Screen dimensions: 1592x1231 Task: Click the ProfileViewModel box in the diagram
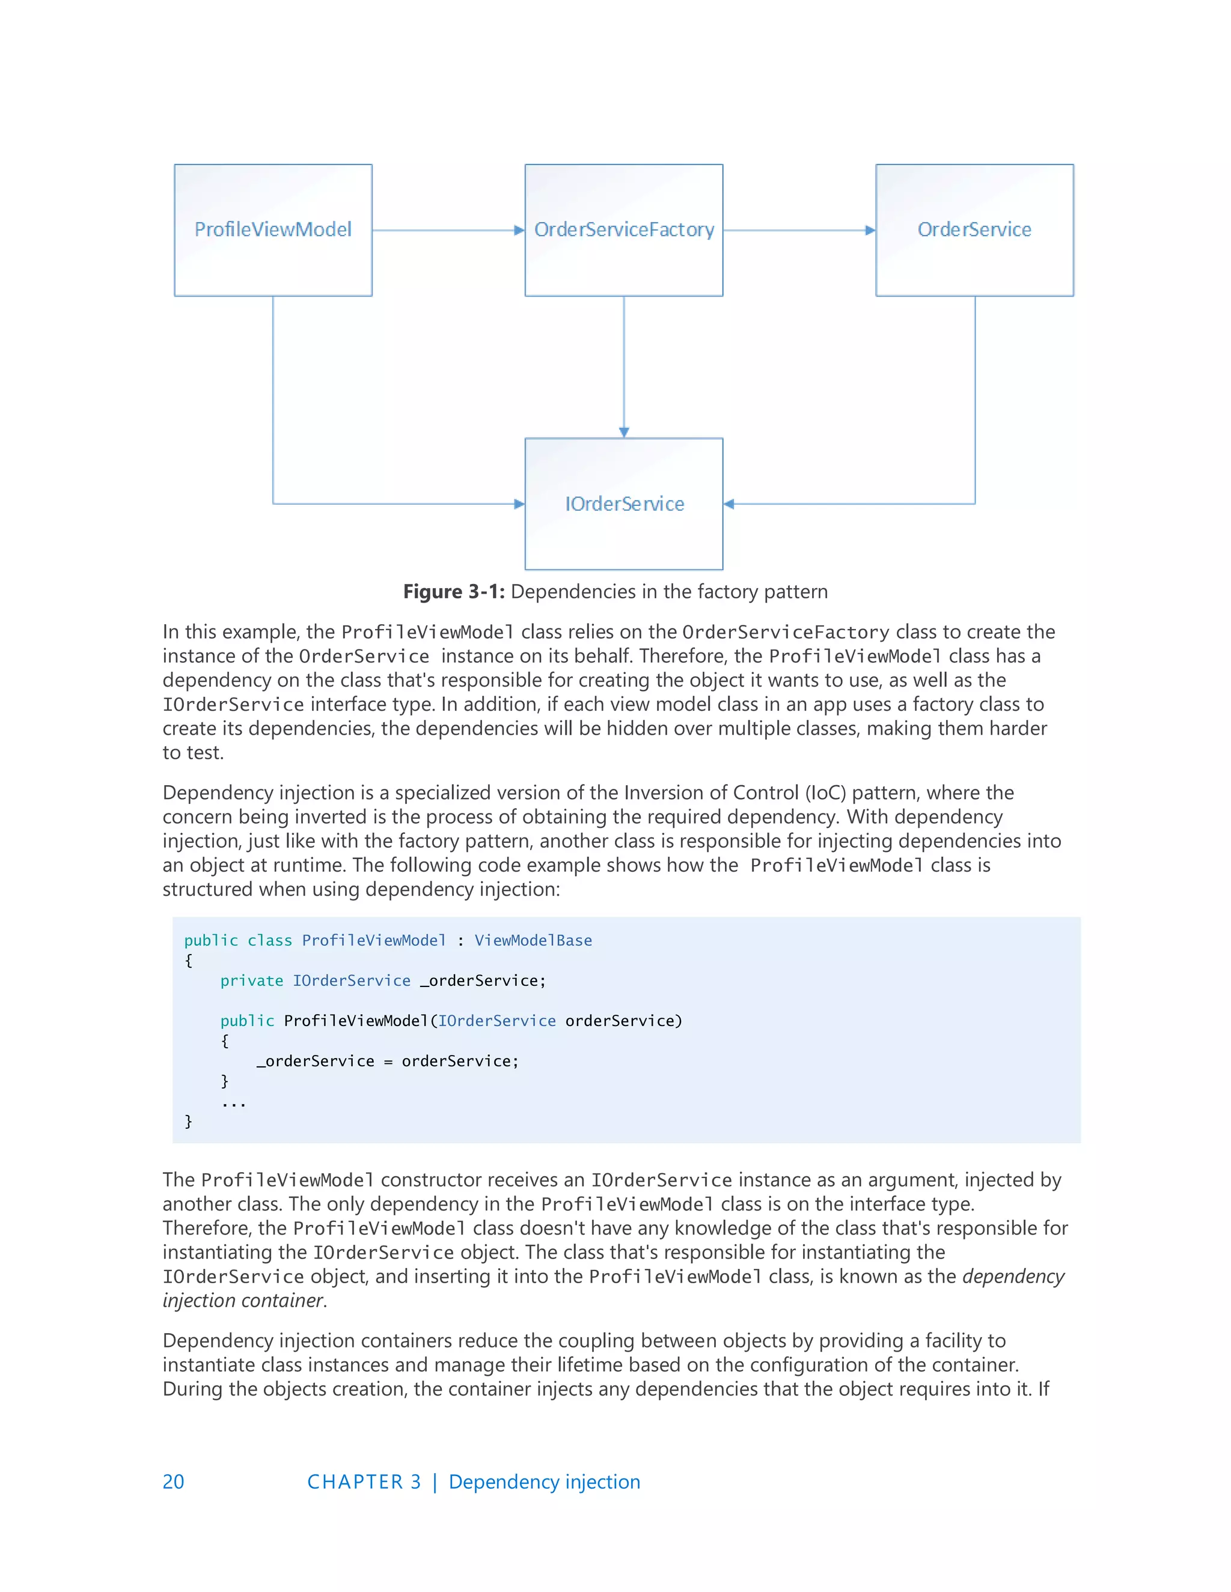[273, 229]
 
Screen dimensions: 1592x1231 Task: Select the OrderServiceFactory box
[623, 229]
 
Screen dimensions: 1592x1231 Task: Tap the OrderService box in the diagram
[974, 229]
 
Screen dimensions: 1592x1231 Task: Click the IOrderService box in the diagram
[623, 503]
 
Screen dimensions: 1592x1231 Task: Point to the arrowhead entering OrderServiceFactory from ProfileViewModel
[519, 230]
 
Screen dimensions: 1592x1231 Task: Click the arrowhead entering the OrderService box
[870, 230]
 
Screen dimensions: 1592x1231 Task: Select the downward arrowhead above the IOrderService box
[623, 433]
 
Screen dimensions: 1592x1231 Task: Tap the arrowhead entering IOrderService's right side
[729, 503]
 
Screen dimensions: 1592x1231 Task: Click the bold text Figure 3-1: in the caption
[454, 591]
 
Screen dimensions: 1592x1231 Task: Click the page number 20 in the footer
[173, 1482]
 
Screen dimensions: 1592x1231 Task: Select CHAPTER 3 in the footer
[364, 1482]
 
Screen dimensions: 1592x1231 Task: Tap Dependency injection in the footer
[544, 1482]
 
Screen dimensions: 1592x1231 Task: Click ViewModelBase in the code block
[533, 940]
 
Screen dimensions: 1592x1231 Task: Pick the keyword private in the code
[252, 980]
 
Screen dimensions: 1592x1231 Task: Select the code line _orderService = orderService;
[387, 1062]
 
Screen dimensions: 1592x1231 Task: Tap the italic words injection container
[243, 1301]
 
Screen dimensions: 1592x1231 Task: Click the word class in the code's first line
[270, 940]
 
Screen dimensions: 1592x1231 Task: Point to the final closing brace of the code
[188, 1121]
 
